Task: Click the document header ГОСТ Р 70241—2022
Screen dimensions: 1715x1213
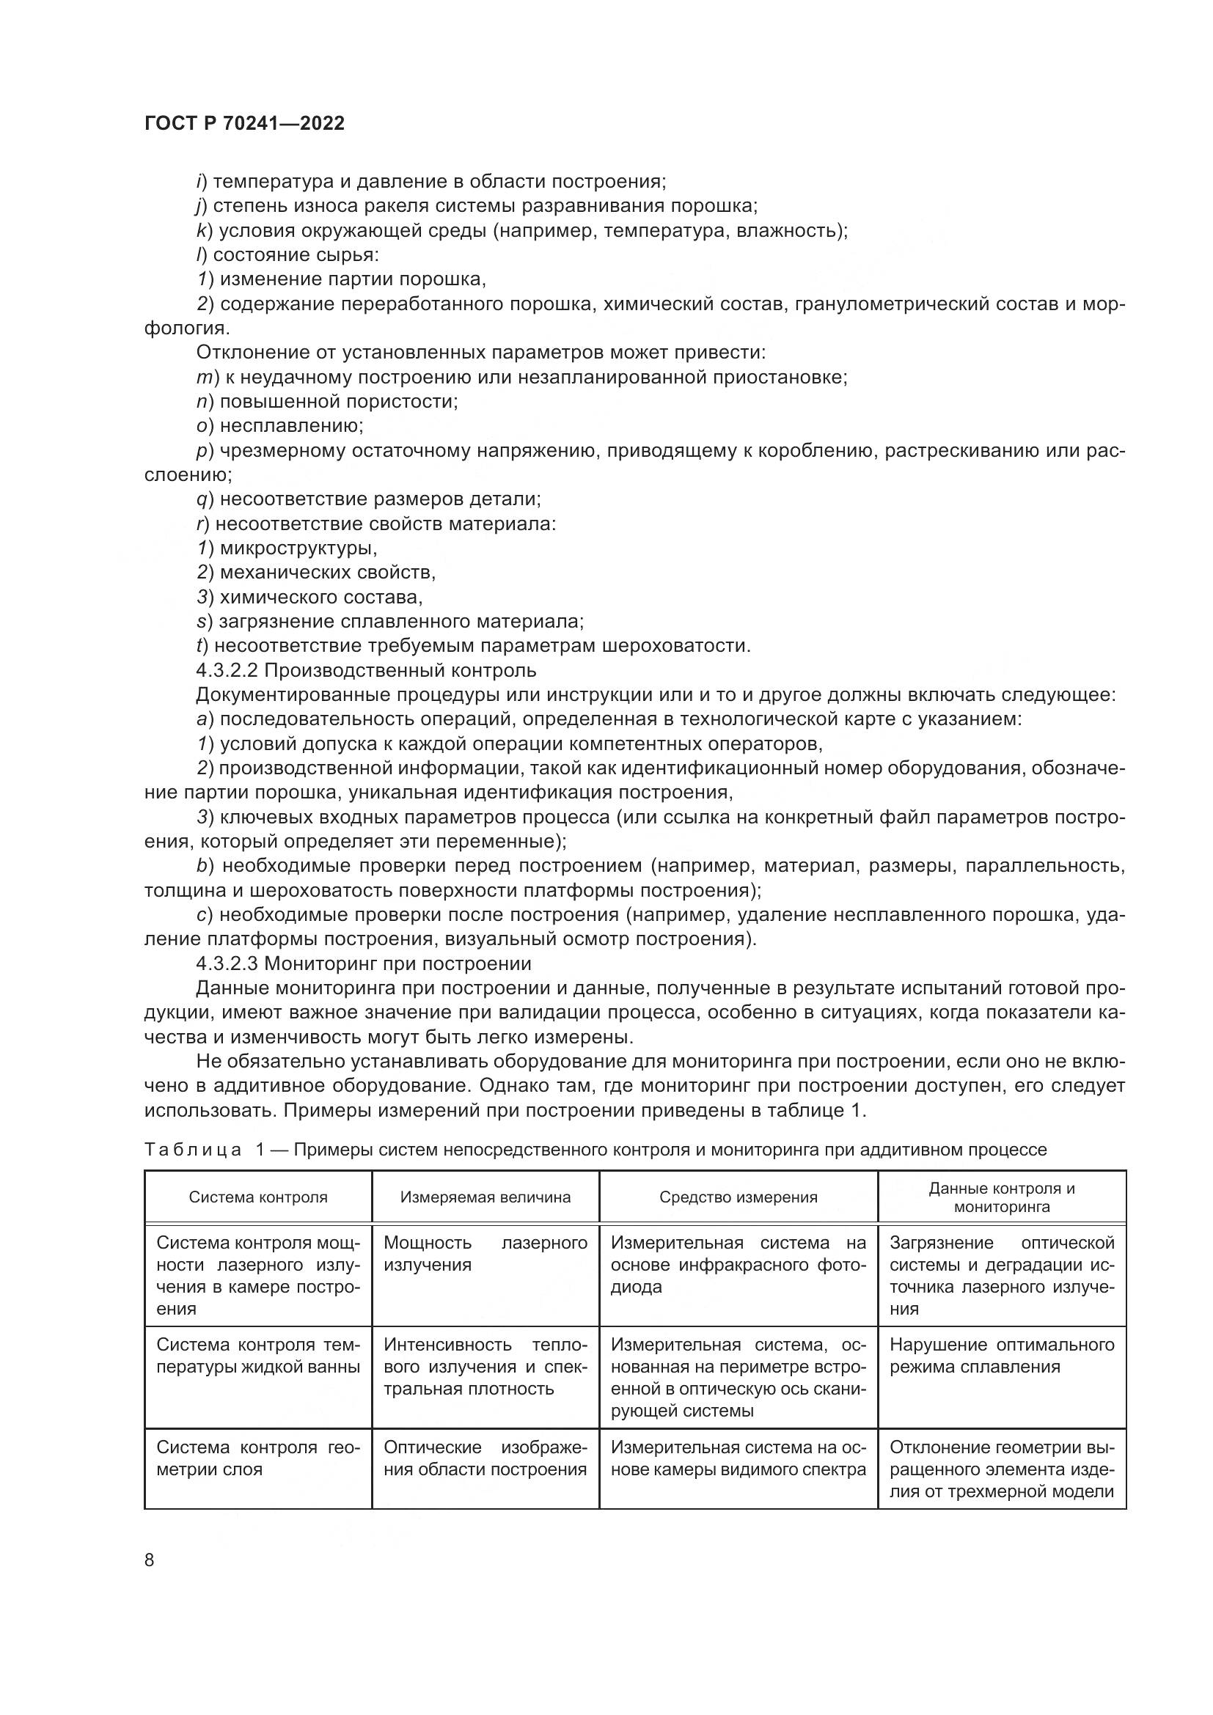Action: click(244, 124)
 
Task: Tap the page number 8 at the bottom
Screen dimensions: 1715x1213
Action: click(150, 1560)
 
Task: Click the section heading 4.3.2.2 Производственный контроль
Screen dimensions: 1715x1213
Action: click(366, 671)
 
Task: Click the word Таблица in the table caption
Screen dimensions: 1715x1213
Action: click(193, 1150)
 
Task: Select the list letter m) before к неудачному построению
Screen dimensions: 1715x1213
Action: click(205, 377)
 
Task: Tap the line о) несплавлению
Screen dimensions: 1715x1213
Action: click(280, 426)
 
